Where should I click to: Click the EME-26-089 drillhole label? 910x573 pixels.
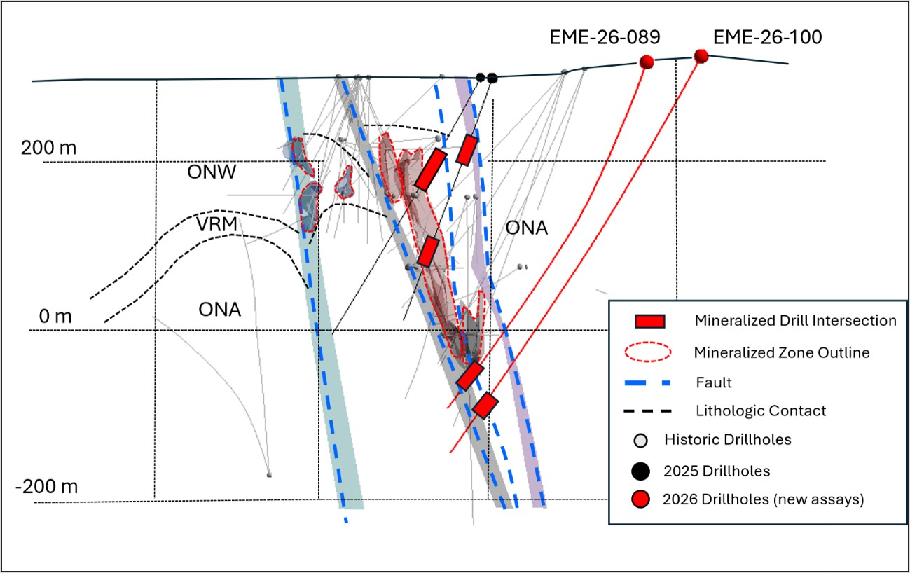(605, 37)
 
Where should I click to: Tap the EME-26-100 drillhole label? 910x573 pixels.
(768, 37)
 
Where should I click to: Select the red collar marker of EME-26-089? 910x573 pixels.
(647, 62)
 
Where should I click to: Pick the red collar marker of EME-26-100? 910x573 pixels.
(701, 56)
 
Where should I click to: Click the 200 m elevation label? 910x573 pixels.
(49, 148)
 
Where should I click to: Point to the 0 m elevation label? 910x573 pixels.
(55, 317)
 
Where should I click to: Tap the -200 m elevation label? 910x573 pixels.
(47, 487)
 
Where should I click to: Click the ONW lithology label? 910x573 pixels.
(212, 172)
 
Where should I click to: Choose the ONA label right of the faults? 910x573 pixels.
(527, 228)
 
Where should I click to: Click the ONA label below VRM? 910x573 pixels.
(219, 310)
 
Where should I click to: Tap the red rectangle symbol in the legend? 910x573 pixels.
(650, 322)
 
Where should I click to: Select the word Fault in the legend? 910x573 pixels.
(714, 382)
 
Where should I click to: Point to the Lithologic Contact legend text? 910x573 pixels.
(761, 411)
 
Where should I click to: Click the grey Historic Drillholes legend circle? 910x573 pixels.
(641, 440)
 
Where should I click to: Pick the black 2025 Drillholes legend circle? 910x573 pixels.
(641, 471)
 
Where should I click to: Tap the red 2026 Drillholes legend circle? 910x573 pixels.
(641, 499)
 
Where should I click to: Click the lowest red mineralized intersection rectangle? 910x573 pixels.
(485, 406)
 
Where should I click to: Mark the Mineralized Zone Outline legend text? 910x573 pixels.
(782, 352)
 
